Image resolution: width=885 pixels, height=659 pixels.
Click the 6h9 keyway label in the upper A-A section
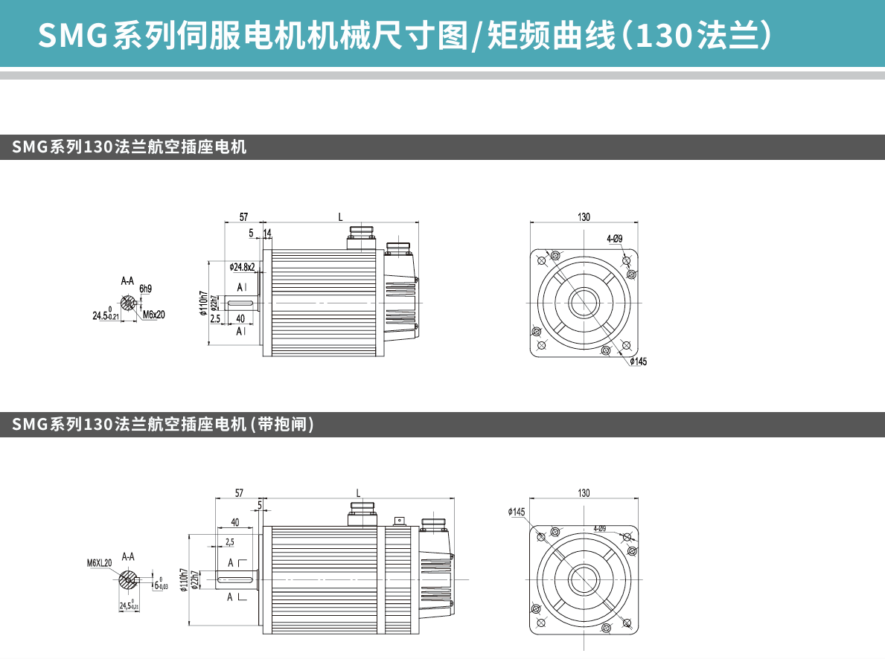click(145, 289)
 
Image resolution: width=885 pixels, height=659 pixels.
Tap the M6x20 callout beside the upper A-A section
click(153, 315)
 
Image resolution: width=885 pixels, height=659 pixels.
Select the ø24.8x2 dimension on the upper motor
click(243, 266)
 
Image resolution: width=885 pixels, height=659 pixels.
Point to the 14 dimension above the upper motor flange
click(267, 233)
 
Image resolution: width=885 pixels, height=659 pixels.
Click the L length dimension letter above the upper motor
click(340, 217)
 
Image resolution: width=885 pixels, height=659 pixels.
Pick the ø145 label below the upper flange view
click(638, 361)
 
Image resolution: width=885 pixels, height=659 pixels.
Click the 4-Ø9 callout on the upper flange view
click(614, 239)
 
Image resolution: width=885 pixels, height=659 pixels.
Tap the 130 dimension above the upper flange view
click(584, 217)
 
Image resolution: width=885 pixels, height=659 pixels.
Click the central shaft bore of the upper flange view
click(584, 303)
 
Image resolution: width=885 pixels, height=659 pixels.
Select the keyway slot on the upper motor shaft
click(240, 303)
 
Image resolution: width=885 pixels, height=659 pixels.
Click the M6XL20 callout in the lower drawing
click(99, 562)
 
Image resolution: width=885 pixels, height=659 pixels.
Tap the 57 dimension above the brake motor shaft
click(239, 493)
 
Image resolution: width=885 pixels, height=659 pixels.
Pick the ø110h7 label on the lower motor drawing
click(183, 579)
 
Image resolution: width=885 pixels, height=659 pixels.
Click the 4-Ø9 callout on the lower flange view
click(599, 529)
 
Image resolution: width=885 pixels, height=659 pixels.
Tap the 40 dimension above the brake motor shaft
click(235, 522)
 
